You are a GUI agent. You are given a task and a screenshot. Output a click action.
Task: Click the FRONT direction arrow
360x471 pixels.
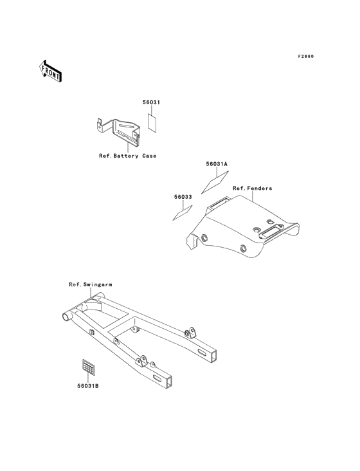[x=50, y=71]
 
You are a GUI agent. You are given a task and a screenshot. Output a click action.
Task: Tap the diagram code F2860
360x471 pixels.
[x=306, y=57]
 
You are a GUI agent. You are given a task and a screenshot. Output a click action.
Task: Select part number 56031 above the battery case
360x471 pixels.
[x=151, y=102]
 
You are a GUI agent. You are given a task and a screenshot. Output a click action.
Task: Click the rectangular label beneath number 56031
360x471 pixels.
[x=152, y=122]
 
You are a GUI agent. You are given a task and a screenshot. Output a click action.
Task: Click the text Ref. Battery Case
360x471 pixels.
[x=128, y=156]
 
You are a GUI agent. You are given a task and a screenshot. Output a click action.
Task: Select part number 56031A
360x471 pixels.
[x=217, y=164]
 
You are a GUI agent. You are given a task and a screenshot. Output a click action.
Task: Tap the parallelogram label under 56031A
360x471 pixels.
[x=215, y=181]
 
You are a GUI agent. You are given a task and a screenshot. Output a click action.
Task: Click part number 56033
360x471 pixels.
[x=183, y=197]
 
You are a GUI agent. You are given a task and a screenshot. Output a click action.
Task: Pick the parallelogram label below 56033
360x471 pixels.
[x=183, y=213]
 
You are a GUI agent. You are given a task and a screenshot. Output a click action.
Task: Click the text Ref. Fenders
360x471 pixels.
[x=252, y=189]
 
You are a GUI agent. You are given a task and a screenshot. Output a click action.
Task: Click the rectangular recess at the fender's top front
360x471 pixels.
[x=219, y=203]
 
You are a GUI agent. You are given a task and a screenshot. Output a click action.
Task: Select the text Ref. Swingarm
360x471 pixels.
[x=91, y=284]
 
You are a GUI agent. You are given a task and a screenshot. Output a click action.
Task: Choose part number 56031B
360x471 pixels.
[x=88, y=386]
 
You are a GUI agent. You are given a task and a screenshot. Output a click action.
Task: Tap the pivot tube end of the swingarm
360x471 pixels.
[x=66, y=317]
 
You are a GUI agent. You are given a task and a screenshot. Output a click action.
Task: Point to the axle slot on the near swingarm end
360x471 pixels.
[x=157, y=377]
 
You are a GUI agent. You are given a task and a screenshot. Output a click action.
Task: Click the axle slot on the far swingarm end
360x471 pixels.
[x=203, y=351]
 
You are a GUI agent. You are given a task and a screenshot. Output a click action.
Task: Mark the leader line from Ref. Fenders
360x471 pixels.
[x=253, y=196]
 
